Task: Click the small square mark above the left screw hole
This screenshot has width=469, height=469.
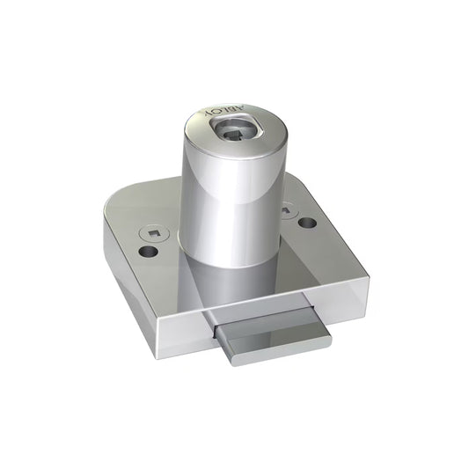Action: [153, 233]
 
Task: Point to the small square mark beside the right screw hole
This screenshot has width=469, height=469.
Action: [288, 211]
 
